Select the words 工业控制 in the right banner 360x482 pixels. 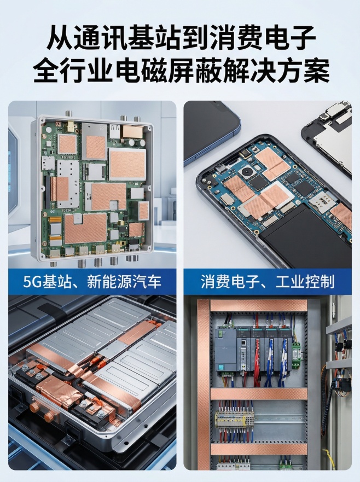(305, 282)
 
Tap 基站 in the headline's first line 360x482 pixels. (154, 38)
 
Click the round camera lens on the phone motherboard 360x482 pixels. (247, 171)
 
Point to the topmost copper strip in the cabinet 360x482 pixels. (259, 305)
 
